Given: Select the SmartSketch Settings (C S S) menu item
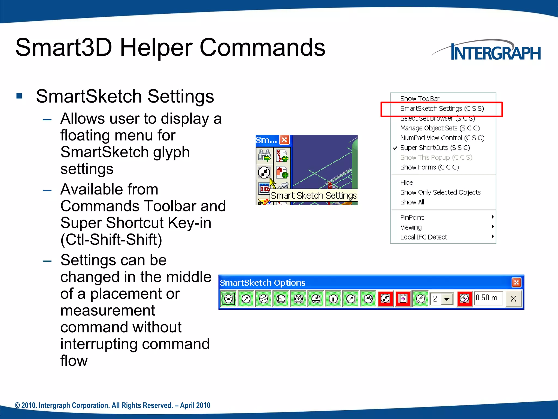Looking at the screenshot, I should coord(442,109).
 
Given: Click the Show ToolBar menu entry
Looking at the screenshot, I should coord(420,98).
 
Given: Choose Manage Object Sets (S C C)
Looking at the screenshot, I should coord(440,128).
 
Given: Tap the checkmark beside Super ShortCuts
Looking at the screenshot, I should coord(395,148).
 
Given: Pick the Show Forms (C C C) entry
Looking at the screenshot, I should coord(429,167).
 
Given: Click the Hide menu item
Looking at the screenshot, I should coord(406,182).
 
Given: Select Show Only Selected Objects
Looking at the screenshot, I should coord(440,192).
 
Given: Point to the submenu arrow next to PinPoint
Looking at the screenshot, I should coord(493,217).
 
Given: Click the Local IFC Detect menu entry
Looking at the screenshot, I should coord(424,237).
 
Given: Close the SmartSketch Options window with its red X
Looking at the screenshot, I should coord(516,283).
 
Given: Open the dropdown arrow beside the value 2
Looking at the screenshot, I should coord(447,299).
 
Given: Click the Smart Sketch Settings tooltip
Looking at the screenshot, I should coord(313,196).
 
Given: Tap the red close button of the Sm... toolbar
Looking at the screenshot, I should coord(284,140).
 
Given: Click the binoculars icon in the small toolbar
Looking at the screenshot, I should coord(264,155).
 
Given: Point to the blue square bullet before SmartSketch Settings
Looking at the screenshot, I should coord(19,96).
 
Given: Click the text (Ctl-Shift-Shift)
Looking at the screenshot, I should coord(111,240).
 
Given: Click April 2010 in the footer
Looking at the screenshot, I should coord(195,405).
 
